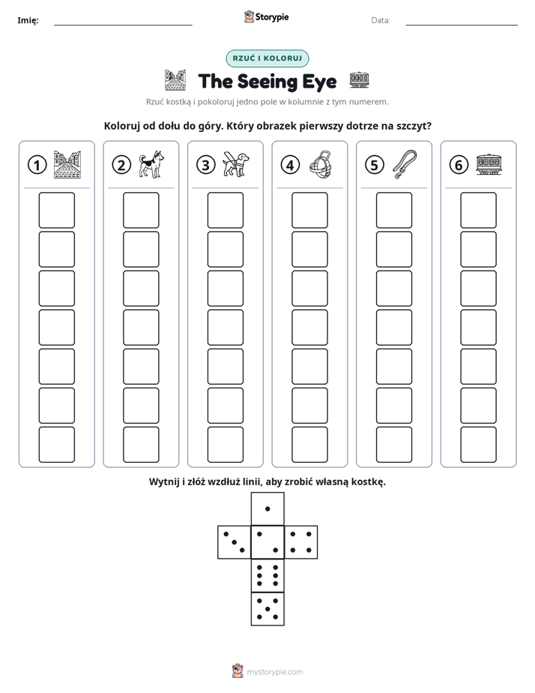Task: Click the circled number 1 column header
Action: click(37, 165)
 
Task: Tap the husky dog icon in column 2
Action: click(151, 164)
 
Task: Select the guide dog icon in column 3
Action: click(236, 164)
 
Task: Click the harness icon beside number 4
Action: click(320, 164)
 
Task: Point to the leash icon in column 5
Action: click(405, 164)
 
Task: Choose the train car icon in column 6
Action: click(489, 164)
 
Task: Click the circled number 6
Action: click(459, 165)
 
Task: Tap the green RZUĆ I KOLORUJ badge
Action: click(267, 58)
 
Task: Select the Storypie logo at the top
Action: click(267, 16)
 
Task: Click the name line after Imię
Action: click(123, 25)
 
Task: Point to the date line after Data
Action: click(462, 25)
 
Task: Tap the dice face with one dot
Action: click(267, 508)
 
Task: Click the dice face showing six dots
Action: click(267, 575)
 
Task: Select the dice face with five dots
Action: click(267, 608)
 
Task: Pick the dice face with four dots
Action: click(301, 541)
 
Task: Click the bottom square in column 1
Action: click(56, 445)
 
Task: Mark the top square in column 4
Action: click(310, 210)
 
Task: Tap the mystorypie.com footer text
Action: click(274, 672)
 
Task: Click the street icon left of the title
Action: click(175, 80)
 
